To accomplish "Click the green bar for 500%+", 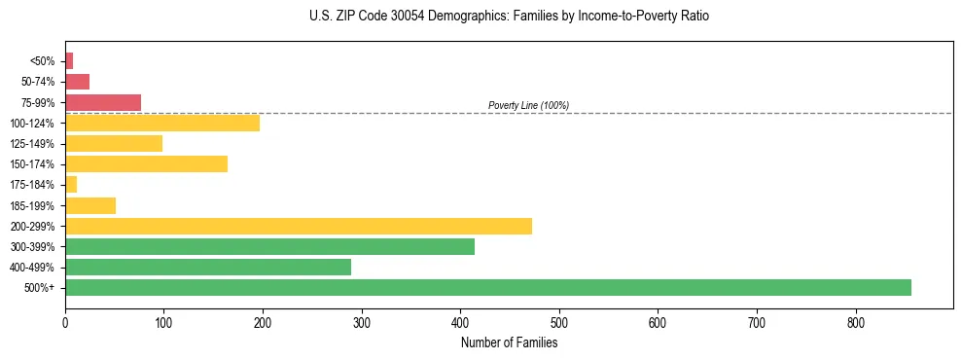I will click(487, 287).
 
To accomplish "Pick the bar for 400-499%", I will click(208, 267).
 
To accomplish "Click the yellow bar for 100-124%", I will click(162, 123).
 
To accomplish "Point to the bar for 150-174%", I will click(146, 163).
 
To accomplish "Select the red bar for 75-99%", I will click(103, 102).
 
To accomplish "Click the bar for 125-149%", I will click(114, 143).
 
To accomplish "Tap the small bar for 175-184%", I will click(71, 184).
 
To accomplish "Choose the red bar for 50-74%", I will click(77, 82).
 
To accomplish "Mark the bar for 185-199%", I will click(90, 205).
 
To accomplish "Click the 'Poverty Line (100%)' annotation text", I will click(528, 105).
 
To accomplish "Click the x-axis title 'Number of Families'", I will click(509, 342).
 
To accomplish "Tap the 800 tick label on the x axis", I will click(856, 322).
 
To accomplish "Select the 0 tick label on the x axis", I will click(65, 322).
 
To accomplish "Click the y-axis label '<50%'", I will click(43, 61).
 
